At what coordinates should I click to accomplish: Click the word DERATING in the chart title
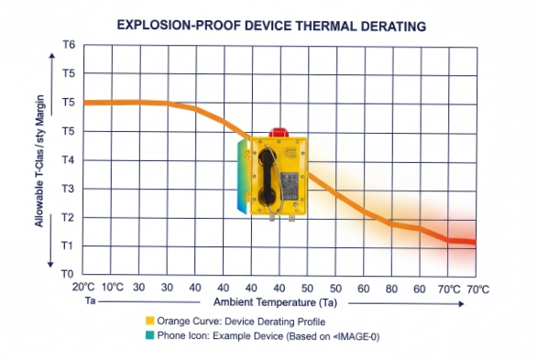click(x=389, y=27)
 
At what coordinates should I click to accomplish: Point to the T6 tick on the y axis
click(x=68, y=45)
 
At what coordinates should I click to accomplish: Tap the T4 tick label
click(x=68, y=159)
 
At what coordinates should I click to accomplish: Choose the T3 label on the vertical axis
click(x=68, y=189)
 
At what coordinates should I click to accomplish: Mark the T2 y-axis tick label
click(x=68, y=217)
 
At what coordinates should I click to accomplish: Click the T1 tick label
click(x=68, y=245)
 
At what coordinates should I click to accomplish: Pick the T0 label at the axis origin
click(x=68, y=274)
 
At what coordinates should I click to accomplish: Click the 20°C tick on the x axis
click(x=83, y=287)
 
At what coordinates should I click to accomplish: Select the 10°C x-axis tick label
click(x=112, y=287)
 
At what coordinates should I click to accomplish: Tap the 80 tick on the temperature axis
click(x=392, y=288)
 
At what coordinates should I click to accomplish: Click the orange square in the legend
click(x=149, y=322)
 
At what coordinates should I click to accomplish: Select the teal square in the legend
click(x=149, y=336)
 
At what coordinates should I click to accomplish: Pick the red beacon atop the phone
click(x=279, y=131)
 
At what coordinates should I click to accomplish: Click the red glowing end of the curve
click(x=466, y=241)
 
